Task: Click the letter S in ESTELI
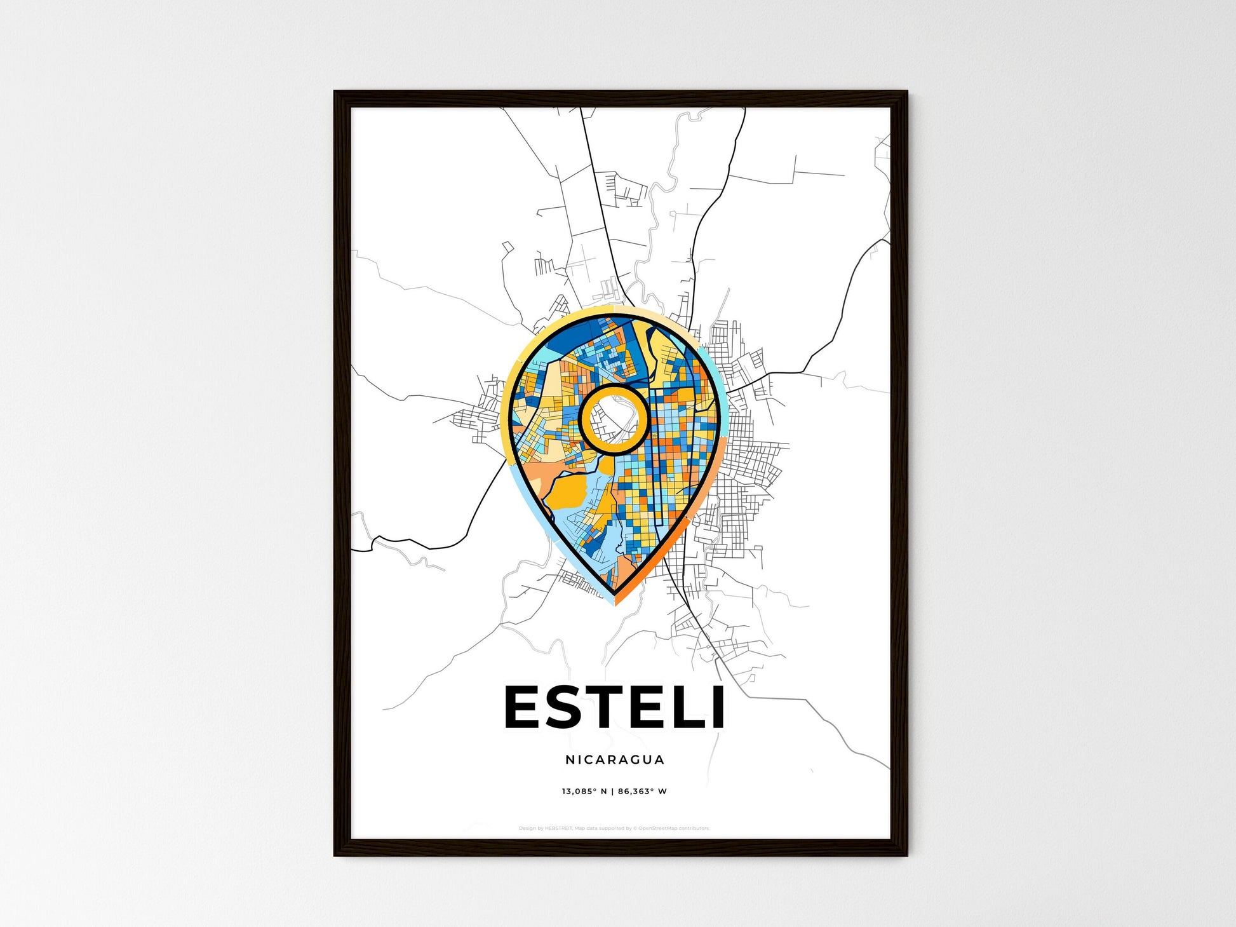pos(563,707)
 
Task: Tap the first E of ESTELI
pos(523,707)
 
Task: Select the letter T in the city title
pos(603,707)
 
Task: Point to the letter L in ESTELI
pos(683,707)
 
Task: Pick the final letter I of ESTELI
pos(717,707)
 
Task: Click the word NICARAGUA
pos(615,759)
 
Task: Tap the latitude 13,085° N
pos(584,792)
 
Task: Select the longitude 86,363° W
pos(642,792)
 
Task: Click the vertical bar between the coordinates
pos(613,792)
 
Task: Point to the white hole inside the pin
pos(614,420)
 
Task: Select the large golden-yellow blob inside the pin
pos(567,492)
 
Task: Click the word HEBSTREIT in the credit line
pos(558,829)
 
